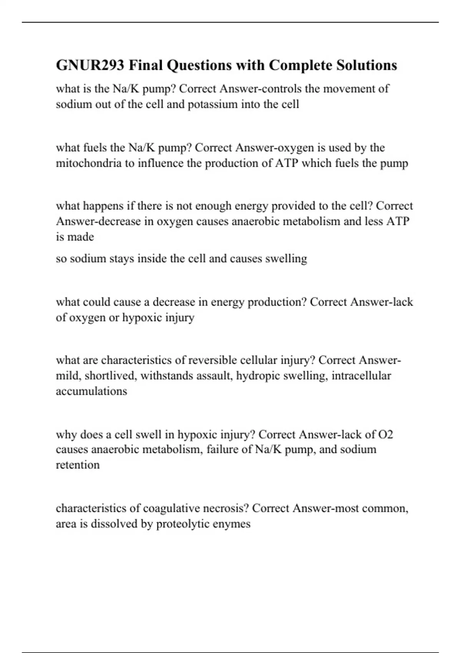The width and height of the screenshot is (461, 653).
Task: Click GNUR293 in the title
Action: tap(90, 65)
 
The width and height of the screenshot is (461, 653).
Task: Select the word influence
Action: tap(161, 163)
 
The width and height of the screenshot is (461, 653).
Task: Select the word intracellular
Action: tap(361, 376)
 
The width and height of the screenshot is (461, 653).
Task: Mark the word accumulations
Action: tap(91, 391)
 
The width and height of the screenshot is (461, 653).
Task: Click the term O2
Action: tap(386, 434)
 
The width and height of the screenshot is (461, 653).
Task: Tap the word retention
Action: tap(78, 465)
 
